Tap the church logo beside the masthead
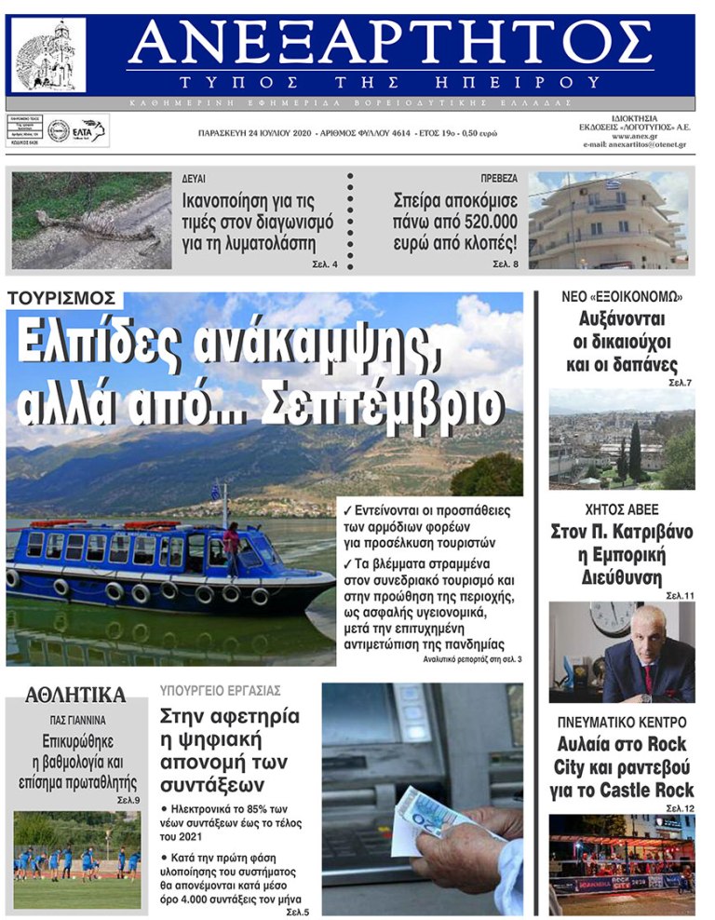point(47,55)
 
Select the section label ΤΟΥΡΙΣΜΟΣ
point(63,298)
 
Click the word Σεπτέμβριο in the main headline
point(383,403)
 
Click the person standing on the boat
point(231,547)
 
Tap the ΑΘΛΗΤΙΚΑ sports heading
point(75,695)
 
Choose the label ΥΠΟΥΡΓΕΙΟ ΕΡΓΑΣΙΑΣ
point(220,691)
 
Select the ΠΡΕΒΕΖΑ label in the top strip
point(499,178)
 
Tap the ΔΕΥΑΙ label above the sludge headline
point(194,178)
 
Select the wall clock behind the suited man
point(614,616)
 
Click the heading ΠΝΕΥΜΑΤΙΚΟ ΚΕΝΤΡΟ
point(622,722)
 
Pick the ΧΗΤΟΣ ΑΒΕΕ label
point(621,509)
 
